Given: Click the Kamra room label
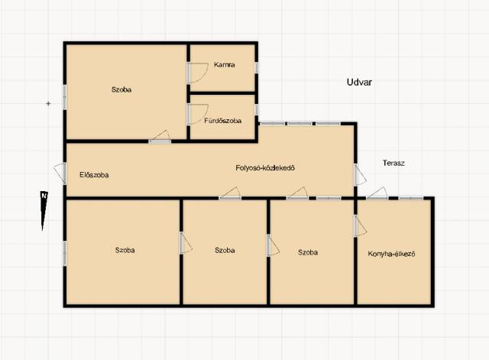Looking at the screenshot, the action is click(224, 64).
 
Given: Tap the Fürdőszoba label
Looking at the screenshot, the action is click(222, 121).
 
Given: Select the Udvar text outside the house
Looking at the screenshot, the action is click(359, 82).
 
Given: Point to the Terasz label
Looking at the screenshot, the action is click(393, 163).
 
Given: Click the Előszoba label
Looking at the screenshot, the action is click(94, 175).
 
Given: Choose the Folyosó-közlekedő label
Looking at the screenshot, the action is click(265, 168).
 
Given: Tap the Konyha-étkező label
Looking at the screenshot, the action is click(391, 254).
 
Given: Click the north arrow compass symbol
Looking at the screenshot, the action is click(44, 210).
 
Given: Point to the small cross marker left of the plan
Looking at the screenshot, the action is click(48, 103).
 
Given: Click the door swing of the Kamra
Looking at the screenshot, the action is click(197, 73).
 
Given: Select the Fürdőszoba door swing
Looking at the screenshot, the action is click(197, 115).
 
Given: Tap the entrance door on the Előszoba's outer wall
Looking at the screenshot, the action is click(60, 174).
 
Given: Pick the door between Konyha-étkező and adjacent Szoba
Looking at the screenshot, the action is click(360, 225).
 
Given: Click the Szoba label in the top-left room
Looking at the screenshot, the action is click(121, 89).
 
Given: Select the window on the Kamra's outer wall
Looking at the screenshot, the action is click(256, 67).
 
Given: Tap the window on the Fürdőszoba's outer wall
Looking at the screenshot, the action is click(256, 109).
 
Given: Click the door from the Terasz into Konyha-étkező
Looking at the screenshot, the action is click(377, 193).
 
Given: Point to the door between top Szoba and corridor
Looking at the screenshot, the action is click(160, 137).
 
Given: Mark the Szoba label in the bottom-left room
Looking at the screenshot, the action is click(125, 250).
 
